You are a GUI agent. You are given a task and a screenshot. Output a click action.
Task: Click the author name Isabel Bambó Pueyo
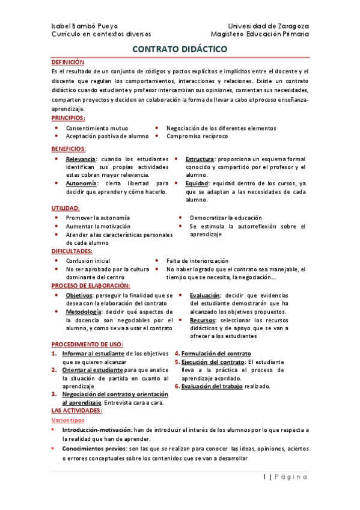84,26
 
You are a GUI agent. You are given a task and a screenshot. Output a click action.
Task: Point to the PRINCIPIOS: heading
68,118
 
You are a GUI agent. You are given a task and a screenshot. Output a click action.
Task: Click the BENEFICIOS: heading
69,148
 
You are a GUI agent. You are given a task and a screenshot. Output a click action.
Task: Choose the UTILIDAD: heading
66,208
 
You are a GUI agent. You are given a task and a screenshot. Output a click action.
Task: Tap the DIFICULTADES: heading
72,251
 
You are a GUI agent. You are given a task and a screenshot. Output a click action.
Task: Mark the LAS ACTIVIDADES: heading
76,410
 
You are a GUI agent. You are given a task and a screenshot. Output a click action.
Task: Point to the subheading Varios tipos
68,420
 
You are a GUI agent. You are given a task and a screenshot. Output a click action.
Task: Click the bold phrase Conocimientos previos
90,448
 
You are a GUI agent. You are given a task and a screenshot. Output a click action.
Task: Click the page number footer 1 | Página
285,477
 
